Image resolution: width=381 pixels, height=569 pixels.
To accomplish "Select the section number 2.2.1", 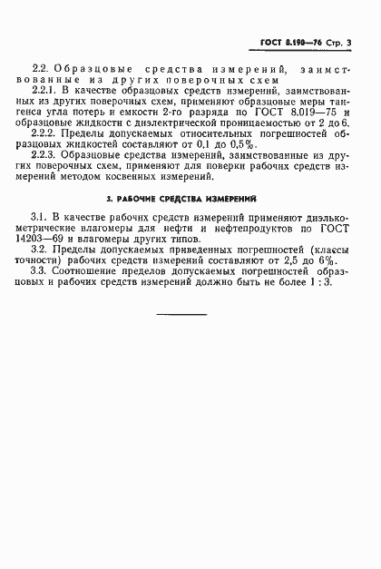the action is (x=44, y=91).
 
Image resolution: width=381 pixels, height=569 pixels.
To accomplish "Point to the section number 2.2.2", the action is (x=44, y=131).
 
